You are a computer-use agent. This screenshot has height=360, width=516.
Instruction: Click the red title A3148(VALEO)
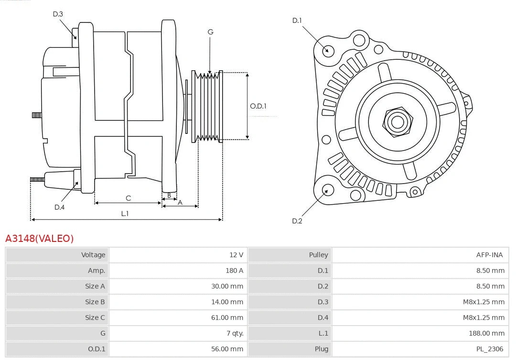[40, 238]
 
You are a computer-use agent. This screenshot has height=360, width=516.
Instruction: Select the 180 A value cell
[234, 271]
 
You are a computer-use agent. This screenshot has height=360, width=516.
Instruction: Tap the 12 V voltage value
[236, 255]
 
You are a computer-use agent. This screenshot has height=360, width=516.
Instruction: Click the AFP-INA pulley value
[489, 255]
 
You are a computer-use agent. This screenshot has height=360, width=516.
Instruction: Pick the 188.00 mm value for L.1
[486, 333]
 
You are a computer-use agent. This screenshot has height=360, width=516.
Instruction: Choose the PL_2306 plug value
[489, 349]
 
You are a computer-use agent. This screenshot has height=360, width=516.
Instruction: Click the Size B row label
[95, 302]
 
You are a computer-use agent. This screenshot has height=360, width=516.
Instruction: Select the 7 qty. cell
[235, 333]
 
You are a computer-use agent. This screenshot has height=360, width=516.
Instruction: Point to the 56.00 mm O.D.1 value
[227, 349]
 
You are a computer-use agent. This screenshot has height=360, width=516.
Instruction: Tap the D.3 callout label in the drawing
[58, 14]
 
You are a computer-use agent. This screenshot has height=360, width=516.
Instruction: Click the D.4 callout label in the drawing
[59, 207]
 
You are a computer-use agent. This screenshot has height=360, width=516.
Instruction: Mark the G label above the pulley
[210, 32]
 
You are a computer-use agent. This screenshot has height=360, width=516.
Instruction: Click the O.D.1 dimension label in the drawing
[258, 106]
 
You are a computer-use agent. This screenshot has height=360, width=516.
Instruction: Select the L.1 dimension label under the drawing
[125, 214]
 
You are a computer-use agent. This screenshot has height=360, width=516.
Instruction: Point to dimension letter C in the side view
[128, 198]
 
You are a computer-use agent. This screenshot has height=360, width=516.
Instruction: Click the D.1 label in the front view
[297, 20]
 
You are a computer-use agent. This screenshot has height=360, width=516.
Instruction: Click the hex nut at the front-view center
[397, 121]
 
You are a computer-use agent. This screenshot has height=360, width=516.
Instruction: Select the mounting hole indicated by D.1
[328, 50]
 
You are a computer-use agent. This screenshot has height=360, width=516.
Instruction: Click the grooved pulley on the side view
[206, 106]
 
